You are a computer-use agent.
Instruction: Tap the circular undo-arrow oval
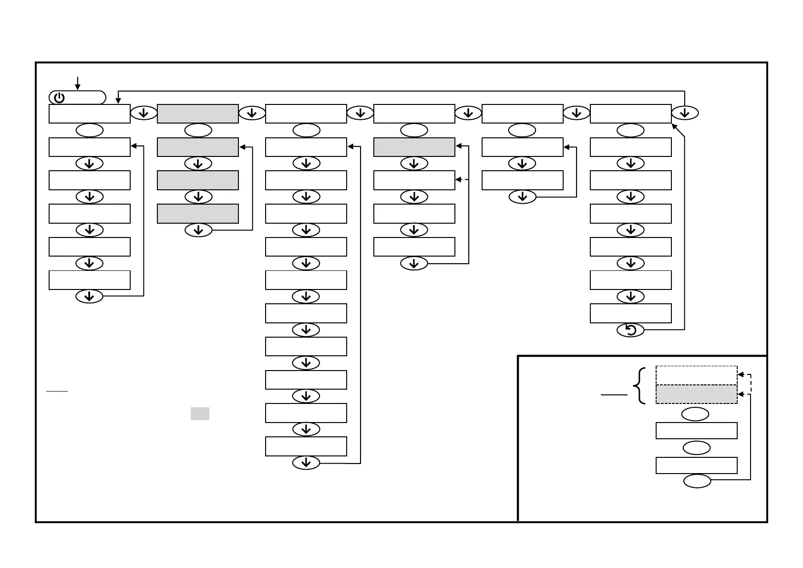630,330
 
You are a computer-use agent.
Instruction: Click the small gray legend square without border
200,413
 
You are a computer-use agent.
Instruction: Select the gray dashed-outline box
696,394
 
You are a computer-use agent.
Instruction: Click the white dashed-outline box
696,375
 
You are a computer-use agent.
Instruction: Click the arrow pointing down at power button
77,83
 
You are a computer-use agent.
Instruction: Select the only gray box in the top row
198,114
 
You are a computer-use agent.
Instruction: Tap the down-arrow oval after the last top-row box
685,113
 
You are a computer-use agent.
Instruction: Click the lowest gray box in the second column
198,214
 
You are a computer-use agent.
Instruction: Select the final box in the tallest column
306,446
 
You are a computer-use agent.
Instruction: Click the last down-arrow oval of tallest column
306,463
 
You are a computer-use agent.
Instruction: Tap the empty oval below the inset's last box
697,481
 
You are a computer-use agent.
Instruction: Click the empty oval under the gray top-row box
198,130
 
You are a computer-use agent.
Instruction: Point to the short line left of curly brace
614,395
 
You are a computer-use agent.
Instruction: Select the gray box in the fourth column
414,147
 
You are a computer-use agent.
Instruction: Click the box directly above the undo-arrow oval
630,313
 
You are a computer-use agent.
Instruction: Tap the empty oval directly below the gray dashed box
695,414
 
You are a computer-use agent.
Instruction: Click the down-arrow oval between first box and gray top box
144,113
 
